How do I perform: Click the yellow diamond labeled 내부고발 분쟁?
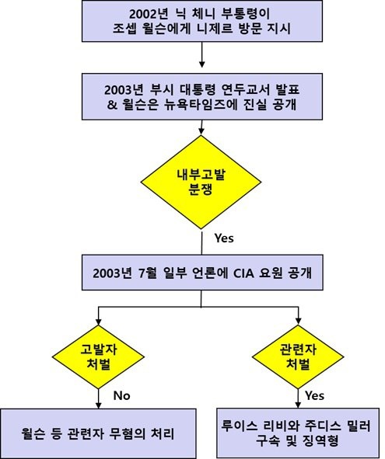201,182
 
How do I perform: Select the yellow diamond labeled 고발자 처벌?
98,356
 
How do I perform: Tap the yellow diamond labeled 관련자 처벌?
298,356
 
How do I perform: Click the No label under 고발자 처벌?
121,396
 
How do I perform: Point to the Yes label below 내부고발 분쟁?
224,238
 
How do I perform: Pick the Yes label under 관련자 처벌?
315,396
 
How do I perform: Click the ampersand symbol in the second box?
112,105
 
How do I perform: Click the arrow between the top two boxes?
201,54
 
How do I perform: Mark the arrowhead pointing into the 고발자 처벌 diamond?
99,321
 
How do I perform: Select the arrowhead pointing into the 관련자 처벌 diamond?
298,321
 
